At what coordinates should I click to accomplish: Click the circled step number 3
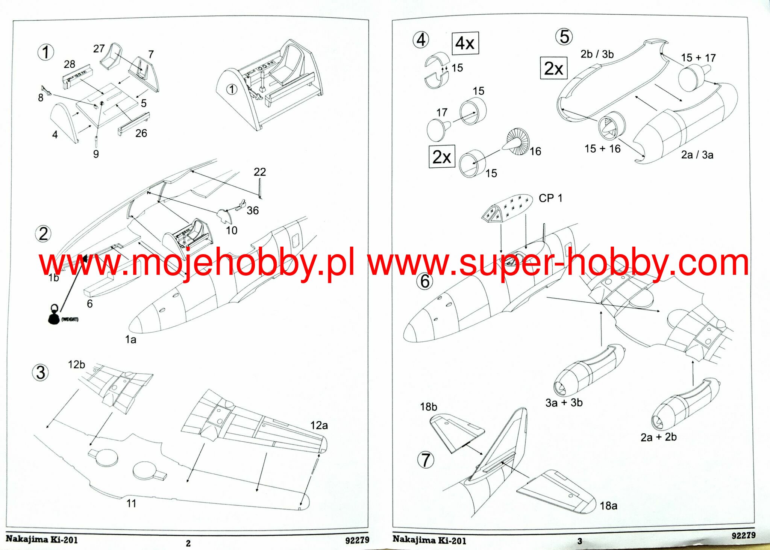pyautogui.click(x=40, y=373)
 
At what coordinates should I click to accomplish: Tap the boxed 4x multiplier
pyautogui.click(x=465, y=43)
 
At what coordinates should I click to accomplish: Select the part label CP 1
pyautogui.click(x=550, y=198)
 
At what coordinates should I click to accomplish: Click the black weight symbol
pyautogui.click(x=54, y=316)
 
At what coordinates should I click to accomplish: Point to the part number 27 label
pyautogui.click(x=99, y=48)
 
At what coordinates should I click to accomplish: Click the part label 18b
pyautogui.click(x=428, y=407)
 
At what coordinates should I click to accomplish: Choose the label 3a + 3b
pyautogui.click(x=564, y=403)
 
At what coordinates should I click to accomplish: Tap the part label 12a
pyautogui.click(x=319, y=425)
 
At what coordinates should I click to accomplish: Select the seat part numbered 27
pyautogui.click(x=112, y=56)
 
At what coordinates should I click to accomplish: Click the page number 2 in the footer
pyautogui.click(x=188, y=543)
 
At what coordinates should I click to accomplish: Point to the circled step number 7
pyautogui.click(x=425, y=460)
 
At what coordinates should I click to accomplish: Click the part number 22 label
pyautogui.click(x=259, y=172)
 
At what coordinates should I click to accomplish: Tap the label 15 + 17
pyautogui.click(x=698, y=58)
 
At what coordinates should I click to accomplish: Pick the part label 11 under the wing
pyautogui.click(x=131, y=503)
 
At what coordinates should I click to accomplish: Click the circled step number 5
pyautogui.click(x=564, y=37)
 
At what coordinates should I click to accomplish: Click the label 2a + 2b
pyautogui.click(x=658, y=437)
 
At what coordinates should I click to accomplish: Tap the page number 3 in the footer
pyautogui.click(x=580, y=541)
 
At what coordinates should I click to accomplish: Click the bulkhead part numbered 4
pyautogui.click(x=65, y=120)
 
